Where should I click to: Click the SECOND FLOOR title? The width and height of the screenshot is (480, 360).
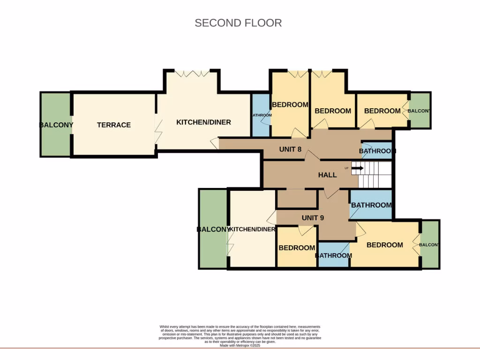pyautogui.click(x=238, y=23)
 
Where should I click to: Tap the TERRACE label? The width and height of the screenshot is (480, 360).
pyautogui.click(x=114, y=125)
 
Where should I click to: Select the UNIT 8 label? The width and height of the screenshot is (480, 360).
pyautogui.click(x=290, y=150)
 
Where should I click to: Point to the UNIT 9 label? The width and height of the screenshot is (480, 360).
pyautogui.click(x=313, y=217)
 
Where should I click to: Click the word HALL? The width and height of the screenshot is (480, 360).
pyautogui.click(x=327, y=175)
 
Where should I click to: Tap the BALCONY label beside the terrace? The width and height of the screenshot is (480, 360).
pyautogui.click(x=56, y=125)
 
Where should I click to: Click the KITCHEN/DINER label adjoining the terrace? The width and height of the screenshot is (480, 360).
pyautogui.click(x=203, y=122)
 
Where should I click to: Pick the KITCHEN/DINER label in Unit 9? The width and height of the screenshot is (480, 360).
pyautogui.click(x=252, y=229)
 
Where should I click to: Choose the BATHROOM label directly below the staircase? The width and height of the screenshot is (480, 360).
pyautogui.click(x=371, y=205)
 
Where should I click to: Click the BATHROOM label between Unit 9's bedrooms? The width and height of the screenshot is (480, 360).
pyautogui.click(x=333, y=255)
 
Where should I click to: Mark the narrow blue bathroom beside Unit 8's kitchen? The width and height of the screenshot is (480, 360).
pyautogui.click(x=261, y=115)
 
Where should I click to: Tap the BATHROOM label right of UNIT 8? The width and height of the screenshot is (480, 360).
pyautogui.click(x=377, y=151)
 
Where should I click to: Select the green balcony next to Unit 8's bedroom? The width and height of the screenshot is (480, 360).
pyautogui.click(x=420, y=111)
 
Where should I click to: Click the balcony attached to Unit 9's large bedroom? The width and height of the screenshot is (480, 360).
pyautogui.click(x=430, y=245)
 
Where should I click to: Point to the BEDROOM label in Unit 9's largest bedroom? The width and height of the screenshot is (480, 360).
pyautogui.click(x=384, y=245)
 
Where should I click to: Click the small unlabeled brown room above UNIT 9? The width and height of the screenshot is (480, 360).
pyautogui.click(x=297, y=199)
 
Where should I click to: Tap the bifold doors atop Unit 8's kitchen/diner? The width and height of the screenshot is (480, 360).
pyautogui.click(x=192, y=74)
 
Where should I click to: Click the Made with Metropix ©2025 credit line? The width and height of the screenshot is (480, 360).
pyautogui.click(x=240, y=345)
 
